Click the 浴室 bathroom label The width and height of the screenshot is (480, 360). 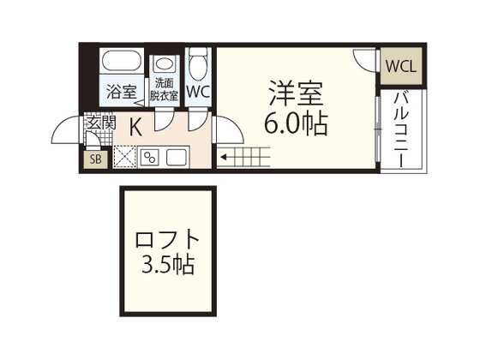pyautogui.click(x=120, y=91)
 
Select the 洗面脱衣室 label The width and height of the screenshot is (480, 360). pyautogui.click(x=164, y=90)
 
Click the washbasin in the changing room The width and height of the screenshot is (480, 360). pyautogui.click(x=163, y=66)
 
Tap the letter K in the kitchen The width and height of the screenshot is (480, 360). pyautogui.click(x=135, y=126)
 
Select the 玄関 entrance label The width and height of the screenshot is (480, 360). pyautogui.click(x=100, y=123)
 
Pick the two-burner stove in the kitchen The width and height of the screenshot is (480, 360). pyautogui.click(x=151, y=157)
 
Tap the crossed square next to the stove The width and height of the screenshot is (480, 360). pyautogui.click(x=125, y=157)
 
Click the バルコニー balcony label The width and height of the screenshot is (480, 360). pyautogui.click(x=399, y=129)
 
